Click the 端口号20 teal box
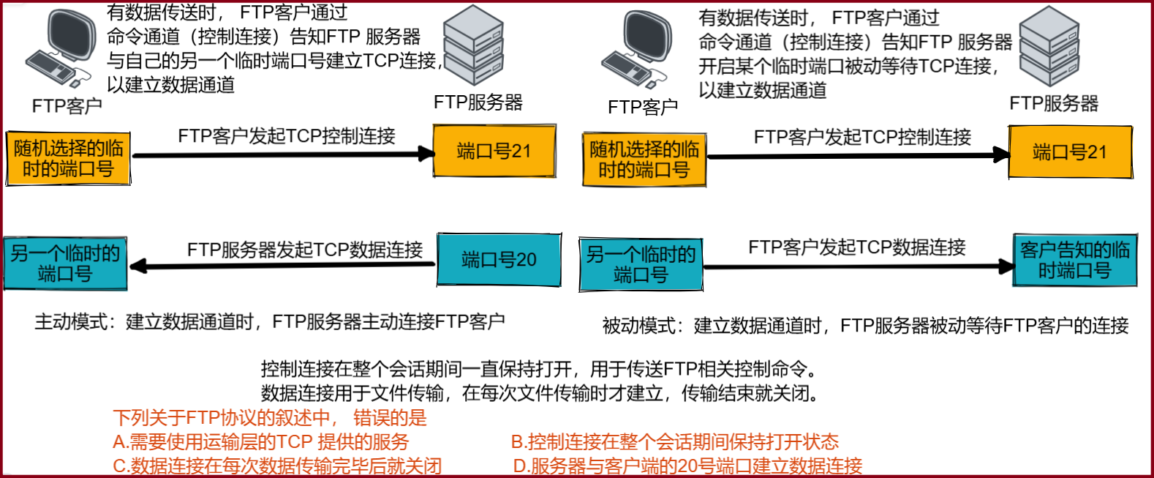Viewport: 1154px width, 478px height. point(499,260)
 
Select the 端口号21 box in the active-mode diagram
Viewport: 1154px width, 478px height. point(494,151)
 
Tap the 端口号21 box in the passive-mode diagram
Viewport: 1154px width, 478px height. point(1070,152)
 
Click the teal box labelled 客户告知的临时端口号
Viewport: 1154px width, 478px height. point(1074,260)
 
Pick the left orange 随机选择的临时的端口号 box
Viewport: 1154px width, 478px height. point(68,159)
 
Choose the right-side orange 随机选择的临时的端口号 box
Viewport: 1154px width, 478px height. point(644,160)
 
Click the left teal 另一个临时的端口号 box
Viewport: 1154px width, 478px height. point(65,264)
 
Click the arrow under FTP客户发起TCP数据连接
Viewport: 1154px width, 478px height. point(859,266)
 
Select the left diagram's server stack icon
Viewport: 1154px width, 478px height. point(473,45)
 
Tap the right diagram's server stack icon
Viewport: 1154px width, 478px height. point(1049,47)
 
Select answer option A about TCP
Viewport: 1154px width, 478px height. point(261,442)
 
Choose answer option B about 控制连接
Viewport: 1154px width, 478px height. point(674,442)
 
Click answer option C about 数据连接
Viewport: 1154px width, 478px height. point(277,466)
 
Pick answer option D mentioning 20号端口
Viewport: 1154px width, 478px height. point(687,466)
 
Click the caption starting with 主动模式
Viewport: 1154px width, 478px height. point(270,321)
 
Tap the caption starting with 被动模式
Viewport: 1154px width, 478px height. point(865,326)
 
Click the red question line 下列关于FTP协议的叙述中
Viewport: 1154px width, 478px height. point(270,418)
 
